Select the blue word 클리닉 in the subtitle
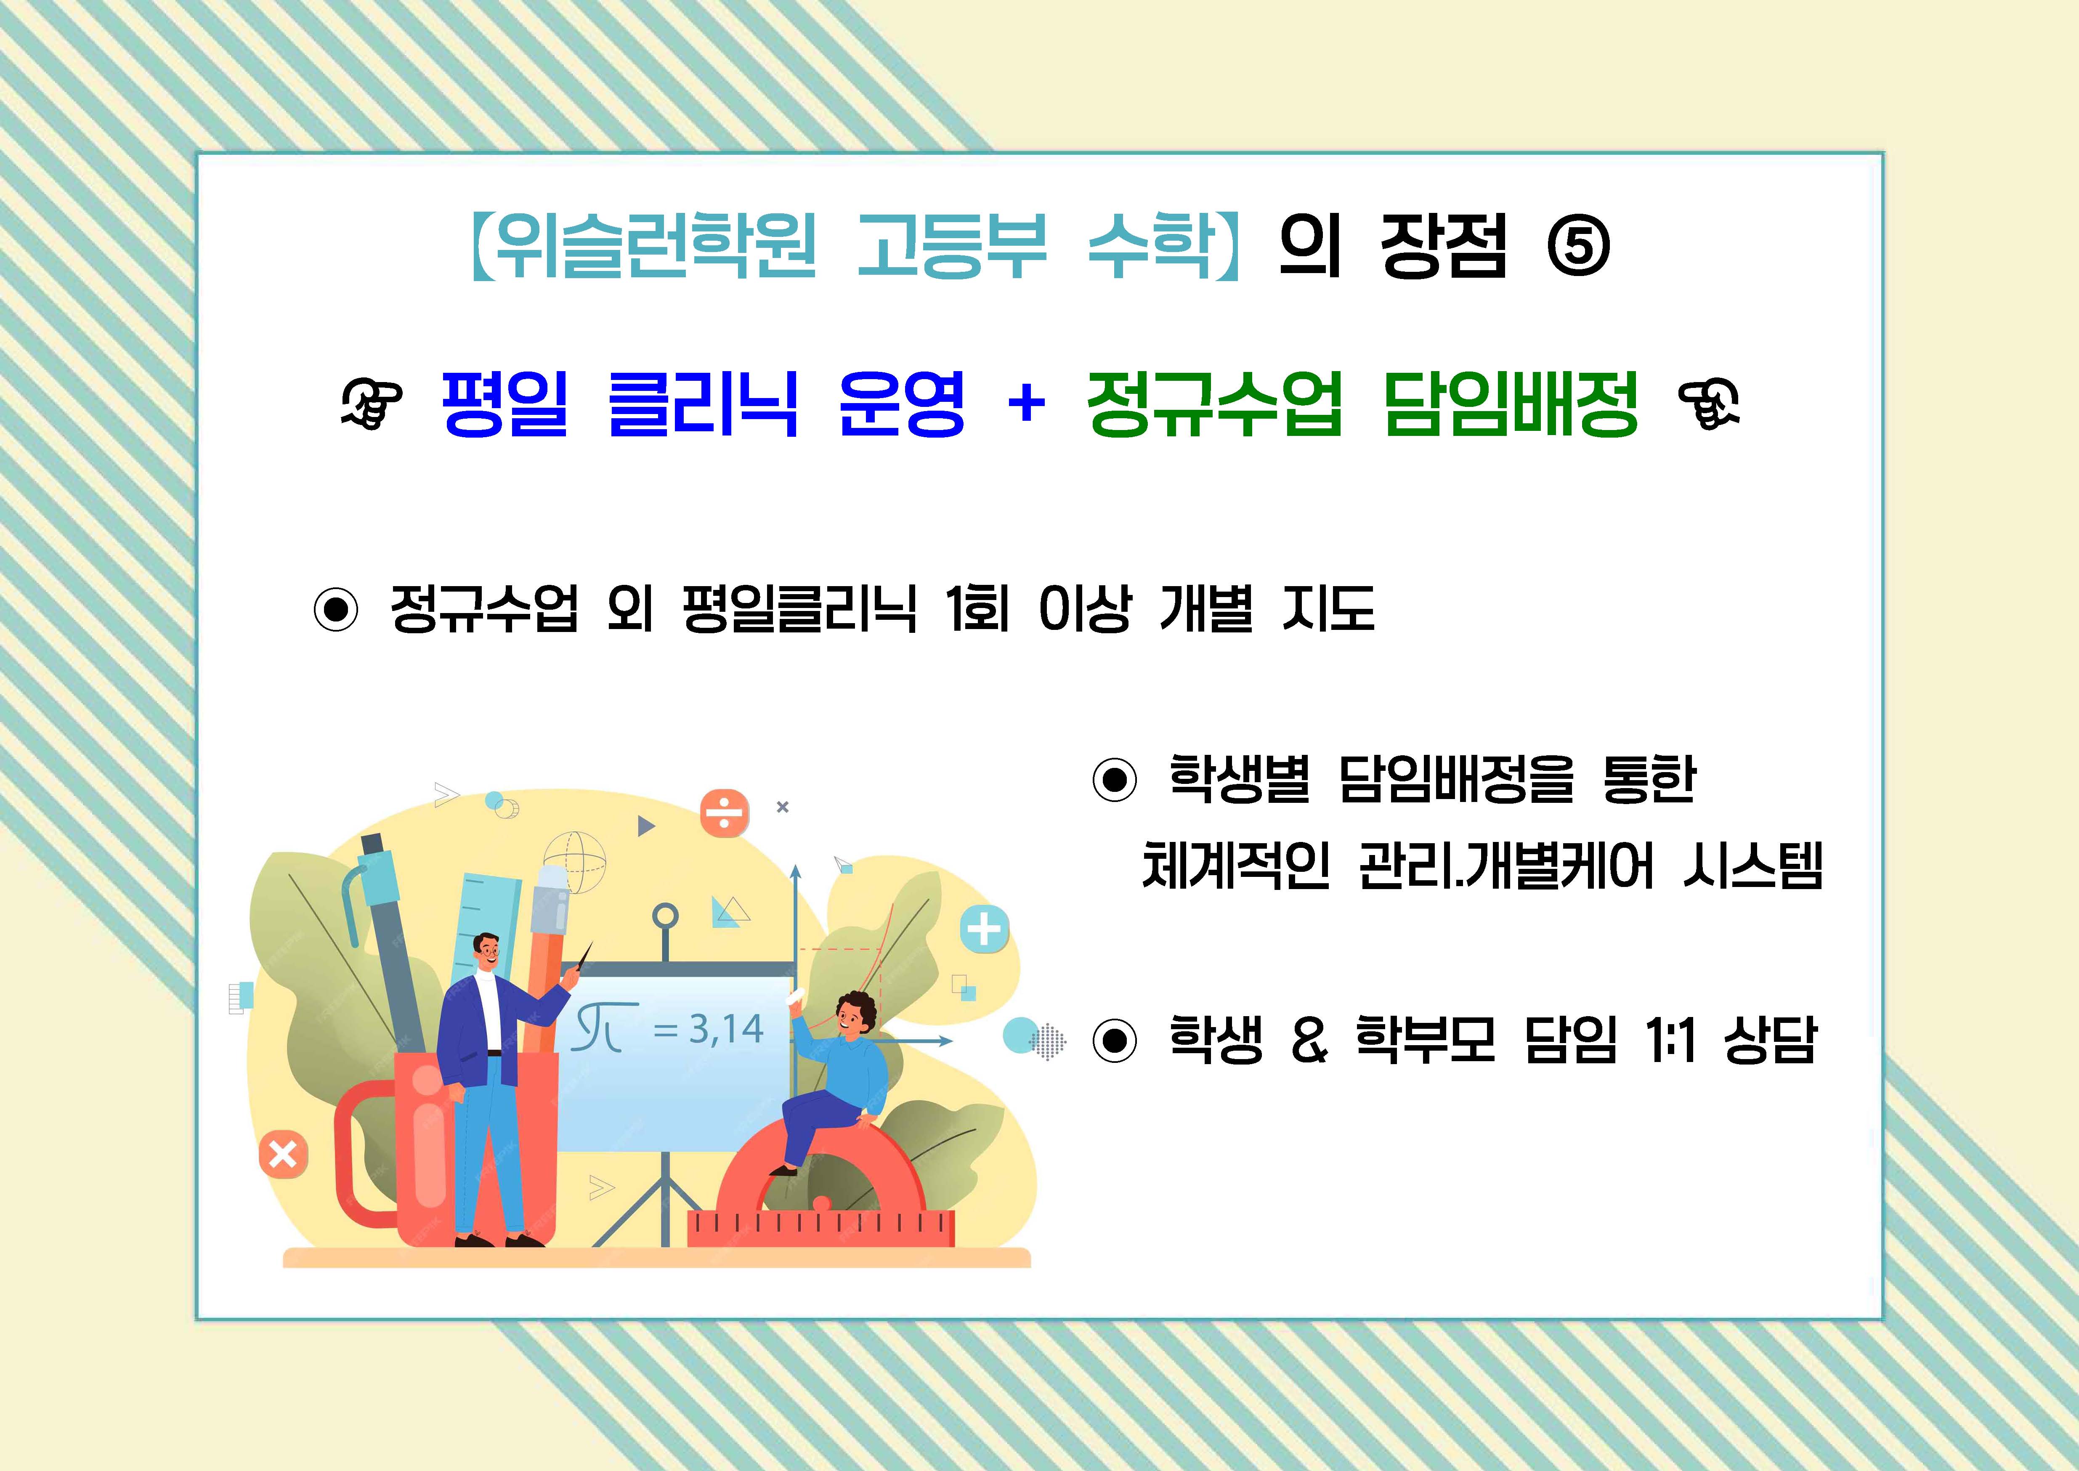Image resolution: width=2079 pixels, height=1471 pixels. [703, 404]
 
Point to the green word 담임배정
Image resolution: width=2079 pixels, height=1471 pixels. [1511, 404]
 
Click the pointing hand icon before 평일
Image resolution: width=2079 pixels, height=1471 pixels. [372, 404]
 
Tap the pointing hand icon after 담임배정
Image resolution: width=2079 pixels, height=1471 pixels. [1708, 404]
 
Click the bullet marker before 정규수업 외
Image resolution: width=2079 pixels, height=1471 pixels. [336, 610]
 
